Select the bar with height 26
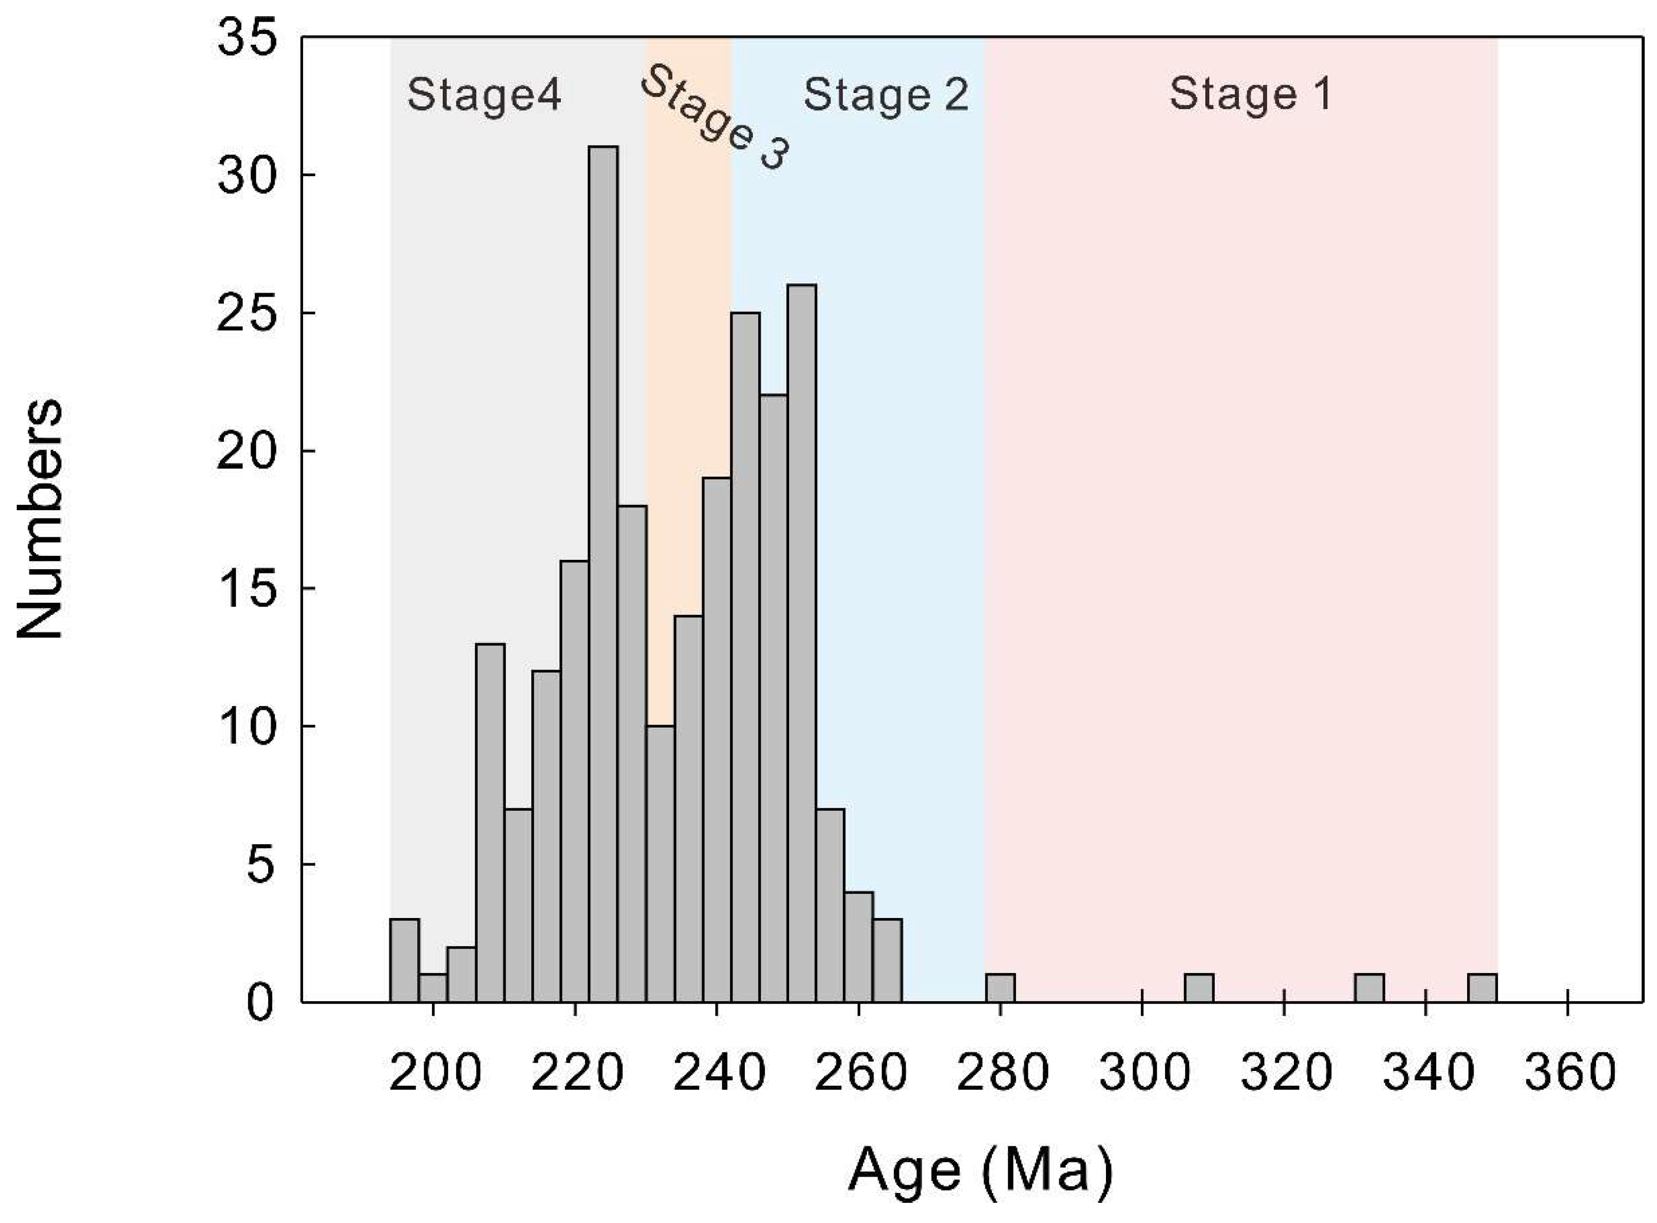point(802,642)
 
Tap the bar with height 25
point(745,657)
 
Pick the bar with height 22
point(774,698)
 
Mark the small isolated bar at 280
point(1000,988)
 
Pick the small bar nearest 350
point(1482,988)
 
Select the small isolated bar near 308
point(1198,988)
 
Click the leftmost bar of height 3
point(405,961)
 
